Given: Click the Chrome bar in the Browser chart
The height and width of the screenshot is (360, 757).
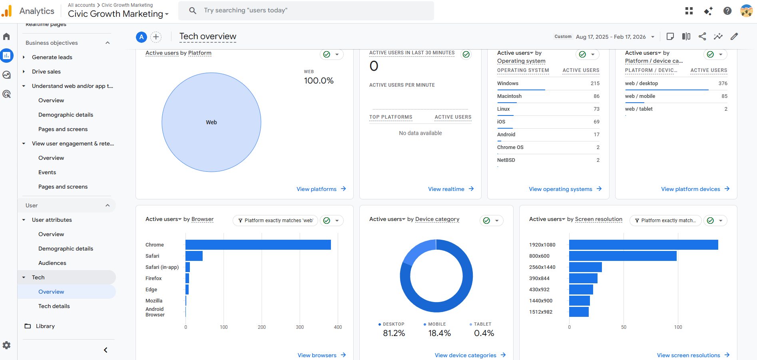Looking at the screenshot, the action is pyautogui.click(x=258, y=245).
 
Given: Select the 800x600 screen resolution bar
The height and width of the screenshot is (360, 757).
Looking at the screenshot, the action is pyautogui.click(x=623, y=256).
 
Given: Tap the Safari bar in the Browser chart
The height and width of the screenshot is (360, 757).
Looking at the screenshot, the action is pyautogui.click(x=194, y=256).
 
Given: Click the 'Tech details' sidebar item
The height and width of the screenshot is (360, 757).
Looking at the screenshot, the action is pyautogui.click(x=54, y=306).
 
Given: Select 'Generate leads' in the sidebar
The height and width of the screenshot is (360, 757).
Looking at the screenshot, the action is pyautogui.click(x=52, y=57).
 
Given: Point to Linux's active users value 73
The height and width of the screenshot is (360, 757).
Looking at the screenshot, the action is pyautogui.click(x=596, y=109).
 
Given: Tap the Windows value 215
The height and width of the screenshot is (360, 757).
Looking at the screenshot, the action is pyautogui.click(x=595, y=84).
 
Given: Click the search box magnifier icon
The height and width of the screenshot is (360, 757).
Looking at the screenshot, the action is pyautogui.click(x=193, y=10).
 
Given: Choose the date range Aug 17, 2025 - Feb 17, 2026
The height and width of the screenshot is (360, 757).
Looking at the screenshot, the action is pyautogui.click(x=611, y=37).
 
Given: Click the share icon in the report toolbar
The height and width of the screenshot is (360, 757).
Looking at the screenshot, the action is pyautogui.click(x=702, y=36).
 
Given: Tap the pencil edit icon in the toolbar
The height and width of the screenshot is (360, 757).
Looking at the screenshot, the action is pyautogui.click(x=734, y=36).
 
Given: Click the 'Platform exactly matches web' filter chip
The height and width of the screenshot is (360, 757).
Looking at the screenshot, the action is pyautogui.click(x=275, y=221).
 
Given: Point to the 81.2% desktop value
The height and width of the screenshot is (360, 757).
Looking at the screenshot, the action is pyautogui.click(x=394, y=333).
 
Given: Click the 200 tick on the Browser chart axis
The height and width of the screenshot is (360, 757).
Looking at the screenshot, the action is pyautogui.click(x=262, y=327).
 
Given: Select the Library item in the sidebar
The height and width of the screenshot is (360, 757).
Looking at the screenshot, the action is pyautogui.click(x=45, y=326).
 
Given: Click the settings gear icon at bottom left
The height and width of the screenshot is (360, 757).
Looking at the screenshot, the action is pyautogui.click(x=7, y=345).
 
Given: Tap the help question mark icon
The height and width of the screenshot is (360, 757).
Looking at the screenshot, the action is pyautogui.click(x=727, y=11).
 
